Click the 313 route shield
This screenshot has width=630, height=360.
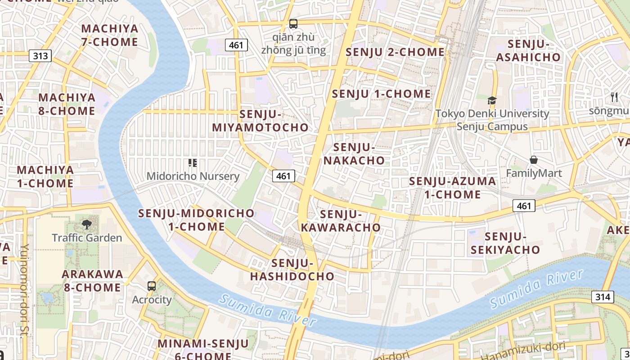(x=40, y=56)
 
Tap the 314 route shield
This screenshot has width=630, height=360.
(x=602, y=297)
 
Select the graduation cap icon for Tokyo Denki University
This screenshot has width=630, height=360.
(x=492, y=100)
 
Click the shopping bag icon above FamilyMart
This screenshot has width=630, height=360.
(x=533, y=160)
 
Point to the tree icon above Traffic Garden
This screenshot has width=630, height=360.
(x=86, y=224)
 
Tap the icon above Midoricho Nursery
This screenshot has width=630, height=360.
(x=193, y=162)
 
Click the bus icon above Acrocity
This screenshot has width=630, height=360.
(x=152, y=286)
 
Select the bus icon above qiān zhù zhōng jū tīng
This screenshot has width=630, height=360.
(x=293, y=24)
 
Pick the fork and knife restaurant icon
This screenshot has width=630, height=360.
(x=614, y=97)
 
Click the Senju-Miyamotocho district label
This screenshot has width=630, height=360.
(x=261, y=121)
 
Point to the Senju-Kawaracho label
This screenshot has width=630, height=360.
(x=341, y=221)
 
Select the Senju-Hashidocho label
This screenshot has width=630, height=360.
(x=292, y=270)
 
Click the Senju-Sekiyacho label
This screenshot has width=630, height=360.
(x=505, y=243)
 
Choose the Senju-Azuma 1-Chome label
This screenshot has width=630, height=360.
(x=452, y=188)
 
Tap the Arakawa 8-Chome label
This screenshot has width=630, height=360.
(x=92, y=281)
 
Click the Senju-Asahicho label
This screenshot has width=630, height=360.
(x=529, y=51)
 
